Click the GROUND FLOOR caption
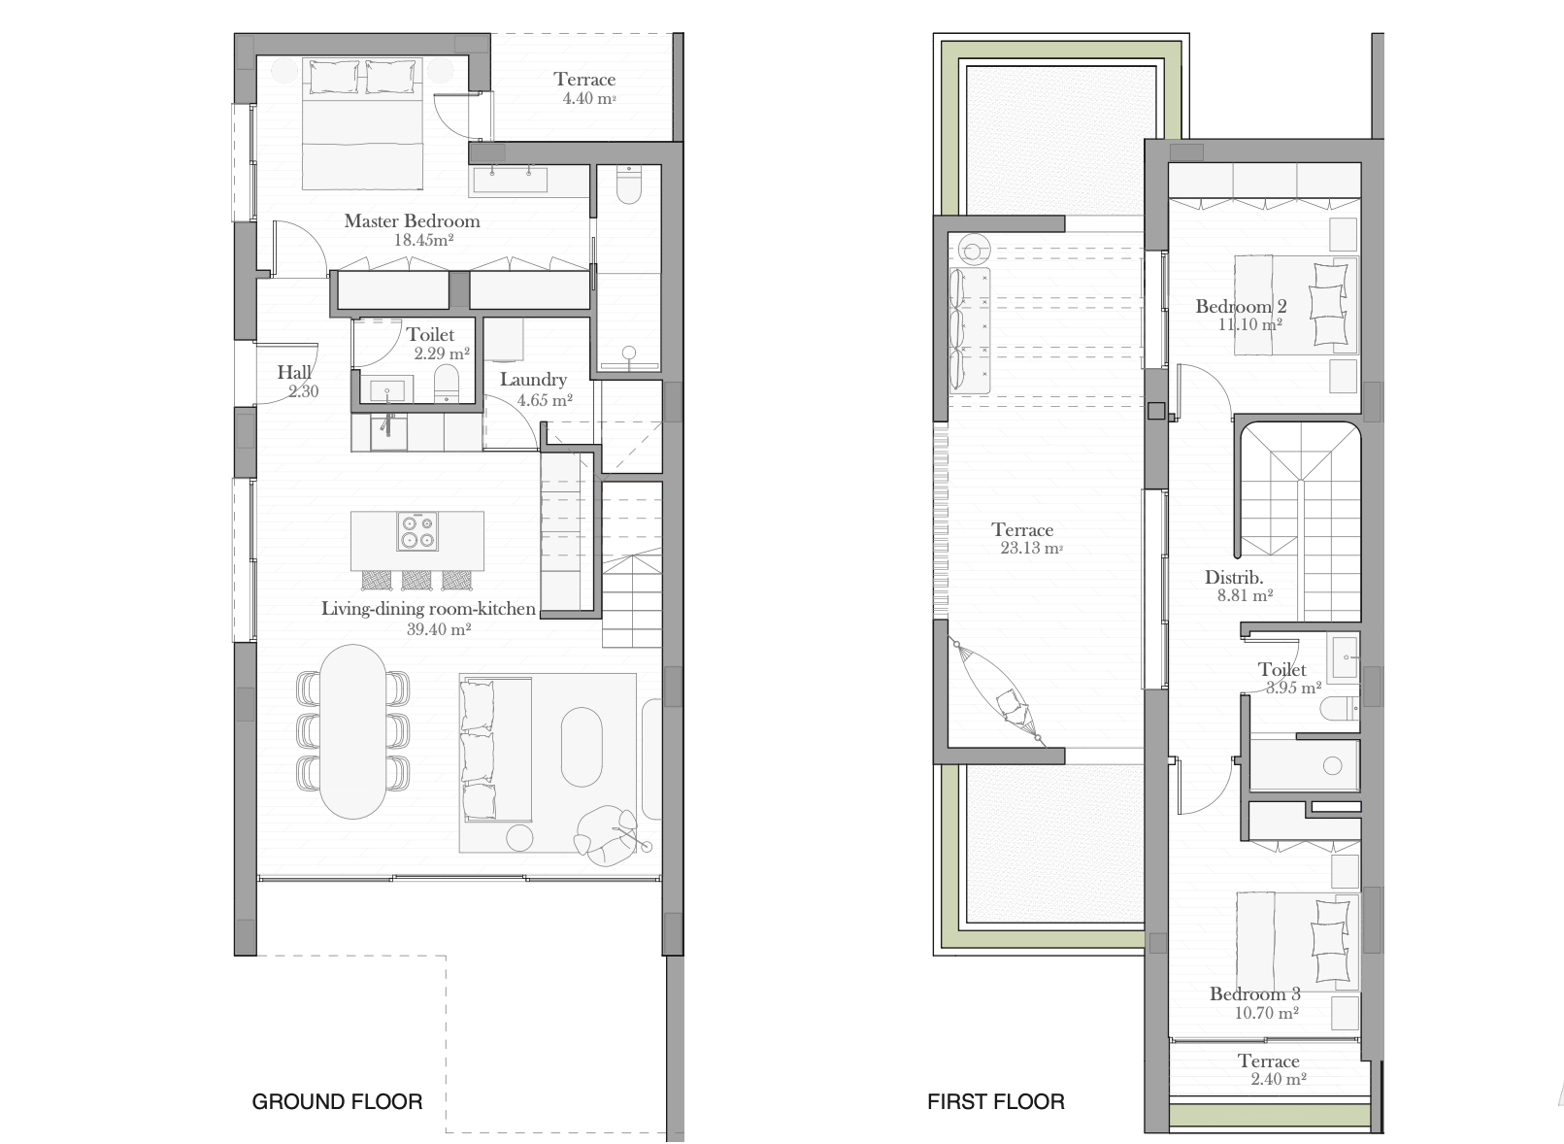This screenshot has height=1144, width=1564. [x=337, y=1101]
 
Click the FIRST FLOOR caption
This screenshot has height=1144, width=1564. [x=996, y=1101]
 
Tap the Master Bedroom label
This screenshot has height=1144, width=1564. [x=412, y=221]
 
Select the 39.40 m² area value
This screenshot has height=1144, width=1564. [x=439, y=629]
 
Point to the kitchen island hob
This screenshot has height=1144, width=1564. [x=417, y=531]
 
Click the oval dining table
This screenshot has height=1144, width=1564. [x=353, y=731]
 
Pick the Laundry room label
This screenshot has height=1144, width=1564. [x=533, y=380]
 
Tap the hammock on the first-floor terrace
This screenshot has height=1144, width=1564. [x=997, y=691]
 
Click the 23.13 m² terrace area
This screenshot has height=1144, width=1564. [x=1031, y=549]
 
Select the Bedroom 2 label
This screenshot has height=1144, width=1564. [x=1241, y=306]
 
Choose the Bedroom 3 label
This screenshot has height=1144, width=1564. [x=1254, y=993]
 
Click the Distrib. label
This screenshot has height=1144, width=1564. [x=1234, y=578]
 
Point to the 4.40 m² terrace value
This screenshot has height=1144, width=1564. [x=589, y=98]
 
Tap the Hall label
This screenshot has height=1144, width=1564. [x=295, y=372]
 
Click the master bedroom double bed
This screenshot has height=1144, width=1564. [x=362, y=123]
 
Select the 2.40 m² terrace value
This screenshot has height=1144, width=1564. [x=1278, y=1079]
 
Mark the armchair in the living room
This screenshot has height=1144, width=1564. [x=606, y=835]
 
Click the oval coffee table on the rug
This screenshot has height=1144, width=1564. [x=582, y=748]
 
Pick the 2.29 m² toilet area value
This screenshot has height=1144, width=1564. [x=442, y=353]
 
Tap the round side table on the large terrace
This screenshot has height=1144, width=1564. [x=974, y=249]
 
